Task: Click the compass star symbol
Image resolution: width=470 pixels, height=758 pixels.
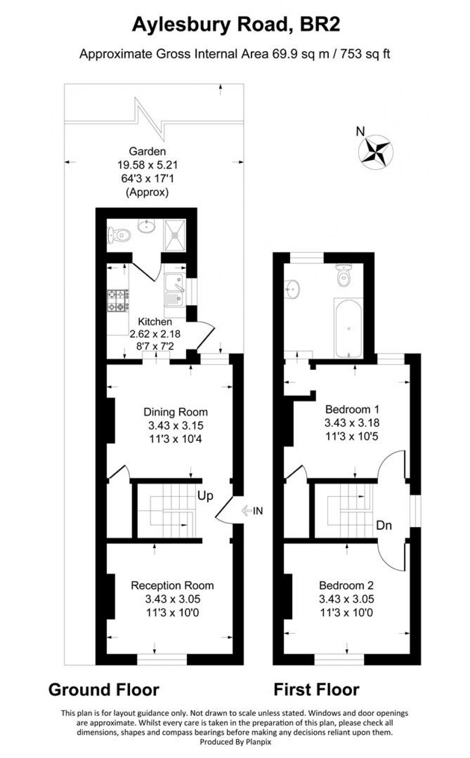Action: [376, 153]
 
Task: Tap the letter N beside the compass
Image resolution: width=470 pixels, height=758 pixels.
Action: [360, 130]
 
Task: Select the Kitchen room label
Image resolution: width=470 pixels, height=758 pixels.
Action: [154, 322]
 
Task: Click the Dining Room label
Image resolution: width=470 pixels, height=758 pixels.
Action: [176, 412]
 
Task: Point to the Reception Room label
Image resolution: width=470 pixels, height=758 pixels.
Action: [172, 585]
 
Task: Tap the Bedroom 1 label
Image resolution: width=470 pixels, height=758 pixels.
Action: [352, 409]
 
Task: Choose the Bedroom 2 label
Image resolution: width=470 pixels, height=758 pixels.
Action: [346, 585]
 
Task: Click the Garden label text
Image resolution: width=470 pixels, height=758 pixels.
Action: [146, 151]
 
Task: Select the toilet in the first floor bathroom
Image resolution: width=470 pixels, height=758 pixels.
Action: [343, 276]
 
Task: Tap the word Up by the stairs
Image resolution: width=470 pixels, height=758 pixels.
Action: [205, 495]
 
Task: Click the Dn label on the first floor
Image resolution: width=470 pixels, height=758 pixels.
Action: [384, 525]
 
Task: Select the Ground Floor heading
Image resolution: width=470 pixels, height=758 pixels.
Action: [104, 690]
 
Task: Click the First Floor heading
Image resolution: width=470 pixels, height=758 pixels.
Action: [316, 690]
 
